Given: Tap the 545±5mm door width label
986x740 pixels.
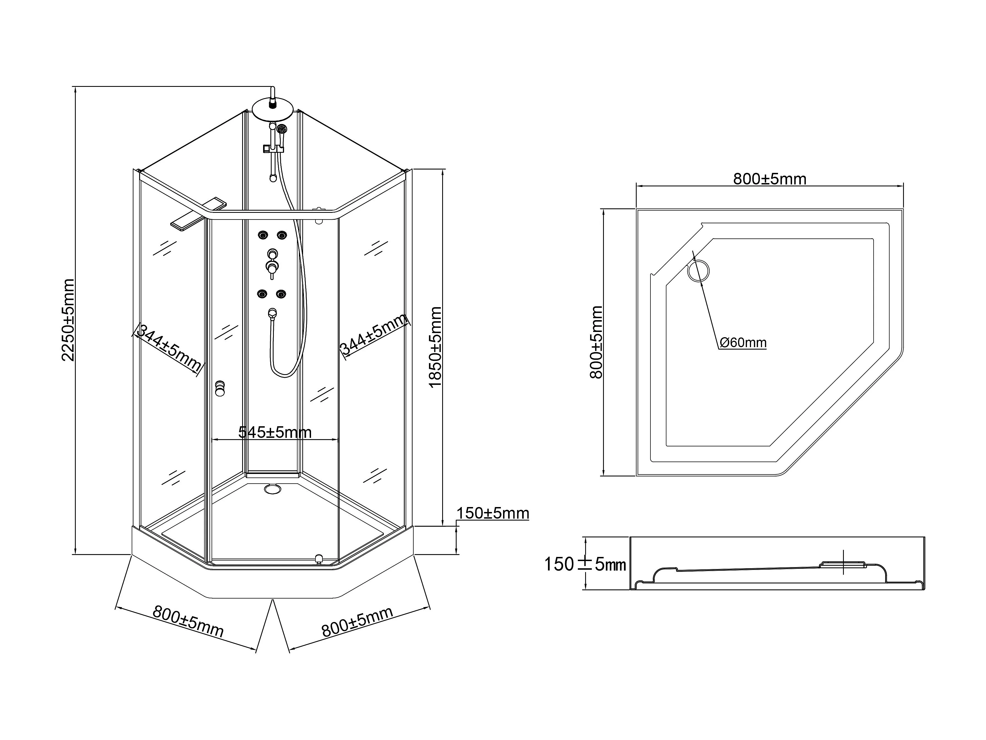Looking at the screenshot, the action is [275, 432].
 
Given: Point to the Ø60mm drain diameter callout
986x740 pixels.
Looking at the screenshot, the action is [743, 343].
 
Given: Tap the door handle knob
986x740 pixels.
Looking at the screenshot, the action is [220, 388].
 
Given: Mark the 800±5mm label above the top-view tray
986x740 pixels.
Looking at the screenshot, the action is [770, 179].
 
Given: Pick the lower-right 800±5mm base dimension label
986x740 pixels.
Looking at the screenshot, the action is [357, 621].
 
